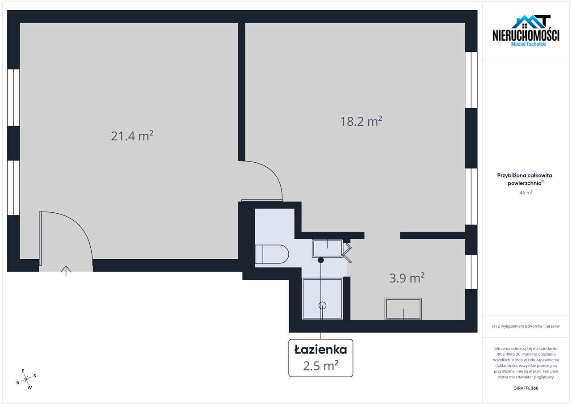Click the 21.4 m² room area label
(132, 136)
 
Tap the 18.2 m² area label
(361, 121)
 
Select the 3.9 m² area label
(407, 278)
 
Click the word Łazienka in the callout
(321, 349)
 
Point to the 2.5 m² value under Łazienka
(321, 366)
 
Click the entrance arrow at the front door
(66, 271)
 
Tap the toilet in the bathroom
(272, 254)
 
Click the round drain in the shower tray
(322, 305)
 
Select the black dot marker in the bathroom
(321, 260)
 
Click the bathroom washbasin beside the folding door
(328, 249)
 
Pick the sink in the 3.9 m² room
(403, 309)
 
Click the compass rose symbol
(26, 380)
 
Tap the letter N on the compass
(18, 383)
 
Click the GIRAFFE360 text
(526, 388)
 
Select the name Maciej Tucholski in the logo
(529, 44)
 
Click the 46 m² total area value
(526, 193)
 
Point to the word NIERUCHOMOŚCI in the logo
(526, 35)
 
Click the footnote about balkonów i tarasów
(526, 326)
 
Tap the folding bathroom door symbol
(347, 253)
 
